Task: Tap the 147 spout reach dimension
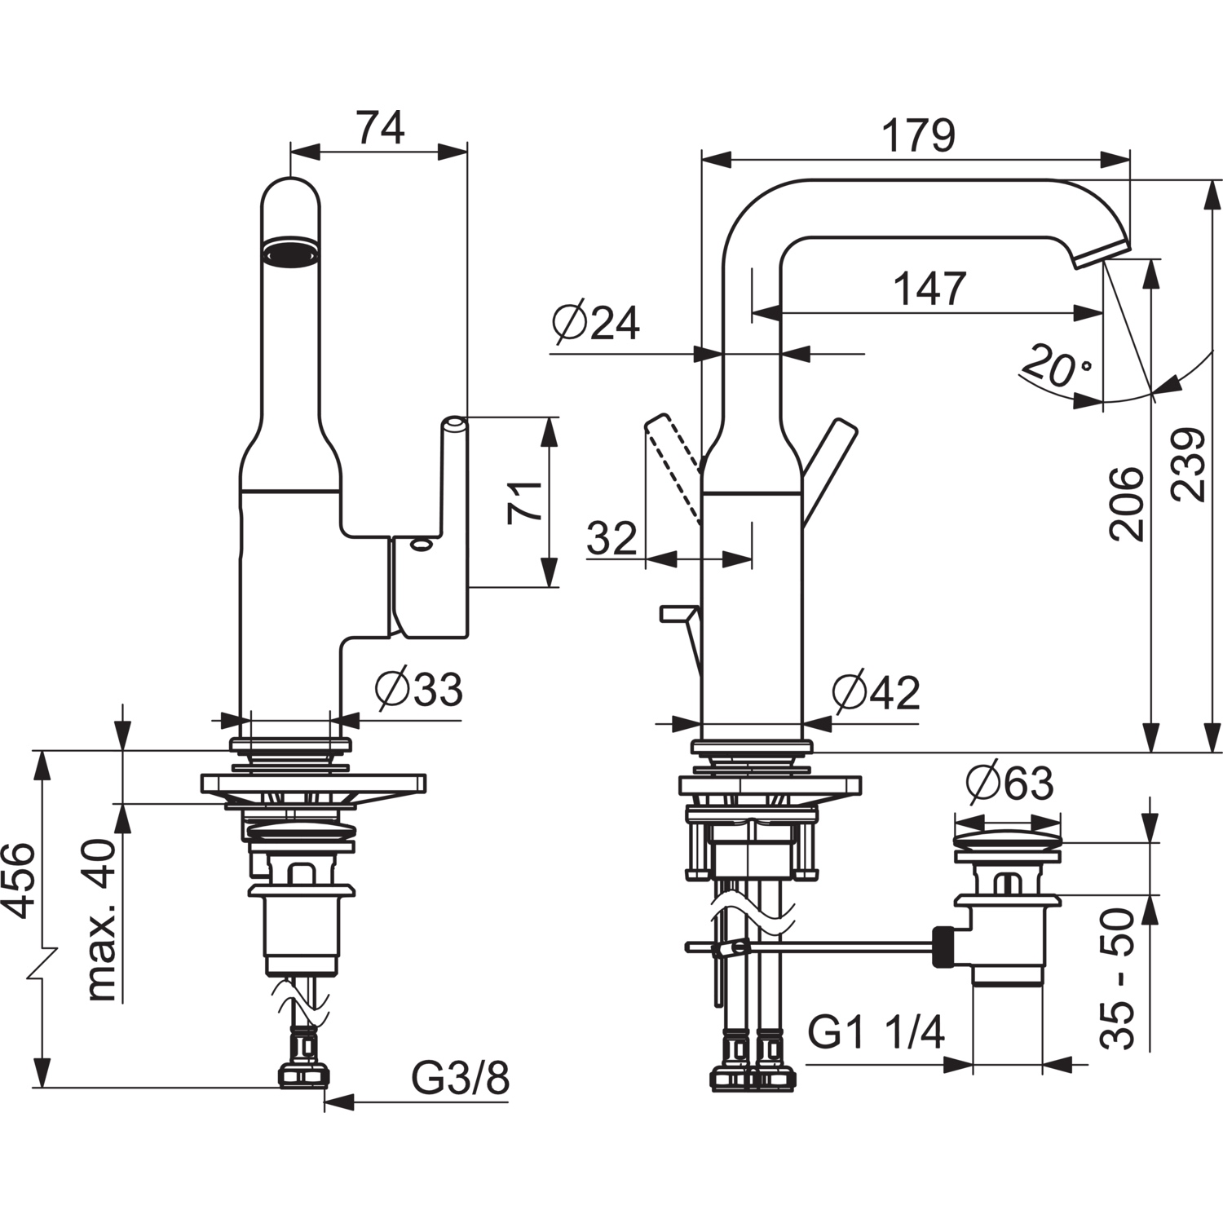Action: point(929,288)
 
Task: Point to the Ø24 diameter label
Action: point(596,324)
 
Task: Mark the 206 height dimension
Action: point(1126,503)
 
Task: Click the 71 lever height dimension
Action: point(524,501)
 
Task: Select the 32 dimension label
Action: point(611,538)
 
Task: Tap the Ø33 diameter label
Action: point(419,690)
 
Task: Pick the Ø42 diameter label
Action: point(876,693)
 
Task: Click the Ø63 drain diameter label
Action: point(1009,784)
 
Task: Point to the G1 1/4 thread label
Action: point(876,1033)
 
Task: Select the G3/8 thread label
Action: point(460,1079)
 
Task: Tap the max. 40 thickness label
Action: point(102,919)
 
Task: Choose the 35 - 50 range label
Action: point(1116,978)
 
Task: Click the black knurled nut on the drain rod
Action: point(943,946)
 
